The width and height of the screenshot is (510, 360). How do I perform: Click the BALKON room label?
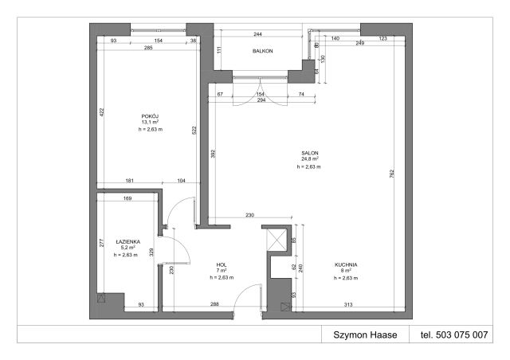pos(262,51)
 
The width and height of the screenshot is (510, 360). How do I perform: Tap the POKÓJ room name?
pos(150,116)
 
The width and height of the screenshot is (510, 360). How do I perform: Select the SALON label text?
pos(310,153)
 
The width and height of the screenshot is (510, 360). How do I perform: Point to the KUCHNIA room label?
pos(346,264)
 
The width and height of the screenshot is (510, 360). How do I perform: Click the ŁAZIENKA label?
pos(127,241)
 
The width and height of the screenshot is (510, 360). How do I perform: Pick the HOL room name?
pos(222,264)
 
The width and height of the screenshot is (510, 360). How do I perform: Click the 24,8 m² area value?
pos(310,159)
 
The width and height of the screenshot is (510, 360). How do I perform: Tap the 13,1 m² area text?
pos(150,123)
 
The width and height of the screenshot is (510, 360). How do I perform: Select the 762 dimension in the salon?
pos(391,174)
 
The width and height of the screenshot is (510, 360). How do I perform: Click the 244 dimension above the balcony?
pos(257,33)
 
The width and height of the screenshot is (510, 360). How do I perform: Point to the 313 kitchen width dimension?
pos(348,305)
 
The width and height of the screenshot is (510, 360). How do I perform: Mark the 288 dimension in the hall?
pos(214,304)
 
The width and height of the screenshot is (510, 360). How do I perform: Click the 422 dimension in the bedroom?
pos(101,112)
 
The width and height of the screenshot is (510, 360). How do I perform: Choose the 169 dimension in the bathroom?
pos(127,198)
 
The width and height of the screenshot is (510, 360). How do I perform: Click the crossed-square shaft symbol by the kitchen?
pos(277,241)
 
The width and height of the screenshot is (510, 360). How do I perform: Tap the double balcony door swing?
pos(261,92)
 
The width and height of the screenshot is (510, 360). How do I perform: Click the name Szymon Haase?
pos(365,335)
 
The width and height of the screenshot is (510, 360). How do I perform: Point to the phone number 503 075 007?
pos(461,335)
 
